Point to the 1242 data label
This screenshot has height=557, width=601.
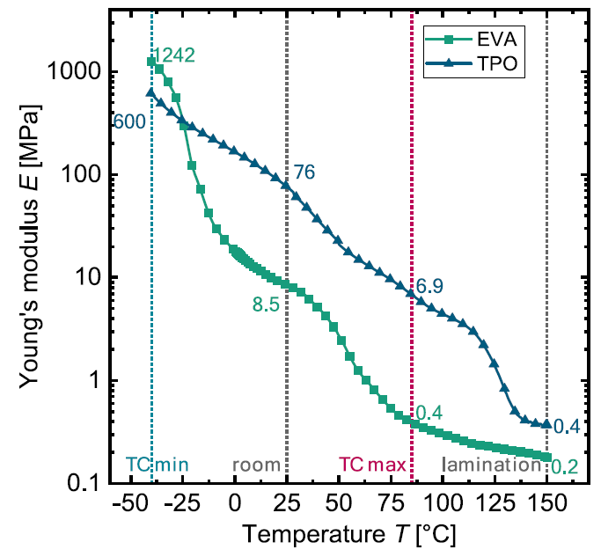173,55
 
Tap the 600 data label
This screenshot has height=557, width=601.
130,122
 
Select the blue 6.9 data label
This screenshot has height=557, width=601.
432,286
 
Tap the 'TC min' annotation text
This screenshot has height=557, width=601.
158,465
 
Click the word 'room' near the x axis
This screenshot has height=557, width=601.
256,465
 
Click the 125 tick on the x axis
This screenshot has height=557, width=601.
495,505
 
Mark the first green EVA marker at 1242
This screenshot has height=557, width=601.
151,62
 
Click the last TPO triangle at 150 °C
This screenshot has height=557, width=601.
546,423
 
